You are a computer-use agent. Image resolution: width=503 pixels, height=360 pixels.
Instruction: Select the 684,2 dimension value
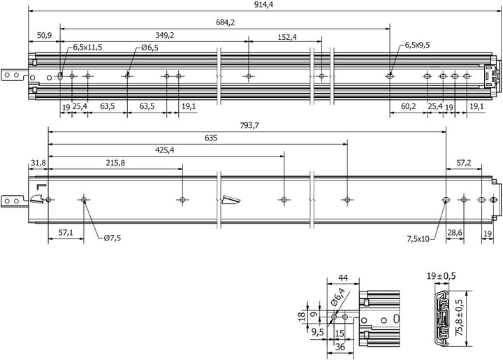(x=225, y=22)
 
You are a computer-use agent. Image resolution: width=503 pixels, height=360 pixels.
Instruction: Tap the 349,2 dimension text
(x=165, y=35)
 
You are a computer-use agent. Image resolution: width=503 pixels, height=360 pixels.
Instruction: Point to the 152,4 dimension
(x=287, y=37)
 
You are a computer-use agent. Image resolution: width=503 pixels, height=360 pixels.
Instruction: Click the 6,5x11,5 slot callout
(x=87, y=47)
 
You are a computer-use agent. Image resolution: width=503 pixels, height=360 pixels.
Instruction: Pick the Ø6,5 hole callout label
(x=150, y=48)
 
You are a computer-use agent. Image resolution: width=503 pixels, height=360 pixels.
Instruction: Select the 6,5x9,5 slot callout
(x=417, y=45)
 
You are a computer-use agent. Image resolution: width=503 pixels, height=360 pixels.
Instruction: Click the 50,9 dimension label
(x=44, y=35)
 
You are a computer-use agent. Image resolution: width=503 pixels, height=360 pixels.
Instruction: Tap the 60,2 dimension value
(x=409, y=106)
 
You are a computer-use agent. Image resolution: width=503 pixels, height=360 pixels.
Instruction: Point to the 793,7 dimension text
(x=249, y=126)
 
